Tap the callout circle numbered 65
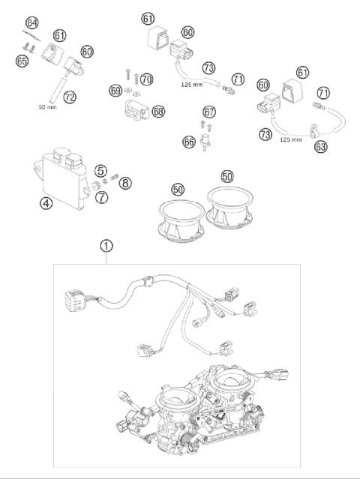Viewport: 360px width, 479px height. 23,59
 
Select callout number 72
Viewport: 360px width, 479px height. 70,97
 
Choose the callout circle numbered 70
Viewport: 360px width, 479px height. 146,79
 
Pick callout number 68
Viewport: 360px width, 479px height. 158,111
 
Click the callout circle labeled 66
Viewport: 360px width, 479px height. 189,141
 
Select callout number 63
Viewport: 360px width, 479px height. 320,147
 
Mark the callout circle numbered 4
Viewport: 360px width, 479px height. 46,202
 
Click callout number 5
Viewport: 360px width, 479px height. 100,170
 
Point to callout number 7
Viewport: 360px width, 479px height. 100,196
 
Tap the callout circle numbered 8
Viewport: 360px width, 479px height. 124,182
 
